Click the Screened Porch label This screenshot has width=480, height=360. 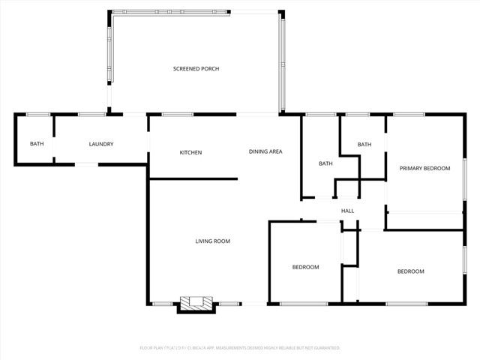click(x=196, y=69)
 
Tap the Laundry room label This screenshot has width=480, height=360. click(x=100, y=144)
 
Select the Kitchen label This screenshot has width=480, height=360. click(x=190, y=153)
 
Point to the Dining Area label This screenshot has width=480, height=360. click(x=265, y=151)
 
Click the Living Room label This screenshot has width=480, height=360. click(x=212, y=241)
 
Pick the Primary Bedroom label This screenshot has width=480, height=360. click(x=424, y=169)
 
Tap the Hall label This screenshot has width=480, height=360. click(x=347, y=211)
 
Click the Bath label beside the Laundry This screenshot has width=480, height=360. click(x=36, y=144)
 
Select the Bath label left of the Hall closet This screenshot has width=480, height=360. click(x=325, y=163)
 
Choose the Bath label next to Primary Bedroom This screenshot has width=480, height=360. click(x=364, y=145)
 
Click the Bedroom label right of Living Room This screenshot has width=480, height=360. click(x=305, y=267)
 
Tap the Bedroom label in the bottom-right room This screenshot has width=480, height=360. click(x=410, y=271)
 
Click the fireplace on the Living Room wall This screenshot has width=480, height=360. click(x=196, y=303)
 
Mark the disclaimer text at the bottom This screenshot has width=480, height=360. click(x=240, y=348)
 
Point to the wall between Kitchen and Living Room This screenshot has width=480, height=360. click(x=193, y=178)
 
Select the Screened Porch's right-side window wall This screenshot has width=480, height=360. click(x=282, y=63)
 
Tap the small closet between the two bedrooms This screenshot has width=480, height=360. click(x=349, y=247)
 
